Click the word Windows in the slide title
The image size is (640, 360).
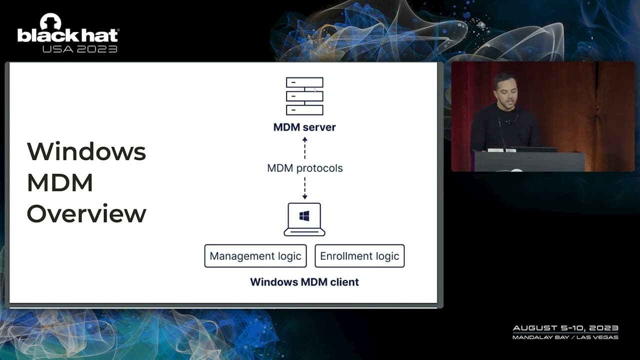pos(86,151)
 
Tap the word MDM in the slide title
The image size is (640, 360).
pos(59,183)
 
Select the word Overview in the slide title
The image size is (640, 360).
pos(86,214)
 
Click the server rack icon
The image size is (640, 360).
pos(304,96)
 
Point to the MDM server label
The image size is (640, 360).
pos(304,127)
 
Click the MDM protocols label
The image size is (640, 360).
pos(304,168)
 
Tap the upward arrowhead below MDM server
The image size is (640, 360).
pos(304,140)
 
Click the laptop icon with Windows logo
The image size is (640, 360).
pos(304,219)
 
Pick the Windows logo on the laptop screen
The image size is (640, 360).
pos(304,216)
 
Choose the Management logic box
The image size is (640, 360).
pos(255,256)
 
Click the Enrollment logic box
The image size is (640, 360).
pos(359,256)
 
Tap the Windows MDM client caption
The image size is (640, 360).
pos(304,282)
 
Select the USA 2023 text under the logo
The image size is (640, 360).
pos(79,49)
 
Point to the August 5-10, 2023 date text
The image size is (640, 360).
pos(565,328)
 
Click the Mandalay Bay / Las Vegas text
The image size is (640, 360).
pos(565,337)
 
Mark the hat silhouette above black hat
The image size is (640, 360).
pos(50,21)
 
